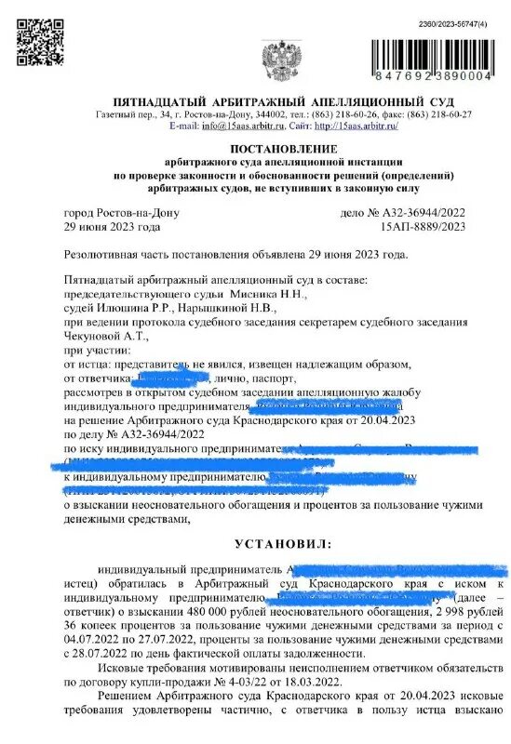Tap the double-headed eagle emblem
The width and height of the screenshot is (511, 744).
tap(276, 57)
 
